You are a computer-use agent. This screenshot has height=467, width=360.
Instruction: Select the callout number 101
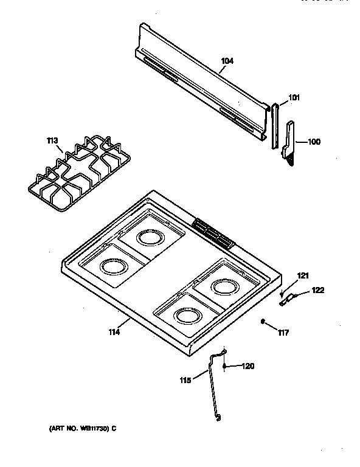click(294, 97)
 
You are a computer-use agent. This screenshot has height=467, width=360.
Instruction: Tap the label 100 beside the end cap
click(314, 142)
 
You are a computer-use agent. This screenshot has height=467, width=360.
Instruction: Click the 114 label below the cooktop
click(114, 331)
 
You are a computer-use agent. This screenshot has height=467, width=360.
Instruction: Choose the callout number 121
click(303, 276)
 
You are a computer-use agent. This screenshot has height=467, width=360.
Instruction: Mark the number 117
click(283, 332)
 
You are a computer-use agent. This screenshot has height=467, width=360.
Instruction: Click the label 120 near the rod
click(247, 366)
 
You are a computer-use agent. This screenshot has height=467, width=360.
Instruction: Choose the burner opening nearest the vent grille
click(149, 237)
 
